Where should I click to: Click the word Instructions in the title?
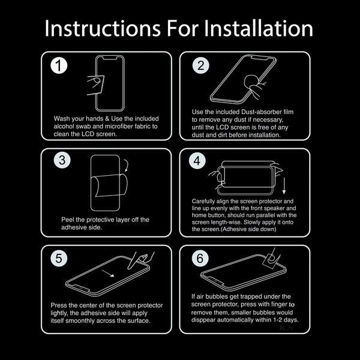pyautogui.click(x=103, y=28)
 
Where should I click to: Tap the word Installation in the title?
pyautogui.click(x=258, y=28)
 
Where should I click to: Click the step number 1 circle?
pyautogui.click(x=59, y=65)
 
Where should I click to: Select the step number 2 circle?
pyautogui.click(x=200, y=65)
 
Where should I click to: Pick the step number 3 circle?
pyautogui.click(x=62, y=160)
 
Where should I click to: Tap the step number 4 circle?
pyautogui.click(x=197, y=160)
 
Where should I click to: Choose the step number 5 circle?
pyautogui.click(x=59, y=258)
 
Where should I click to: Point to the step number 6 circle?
pyautogui.click(x=200, y=258)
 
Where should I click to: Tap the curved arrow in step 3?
pyautogui.click(x=127, y=165)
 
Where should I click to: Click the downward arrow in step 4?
pyautogui.click(x=284, y=185)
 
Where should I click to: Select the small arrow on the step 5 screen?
pyautogui.click(x=108, y=274)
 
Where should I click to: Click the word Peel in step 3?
pyautogui.click(x=67, y=220)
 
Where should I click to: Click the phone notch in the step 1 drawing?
pyautogui.click(x=110, y=58)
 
